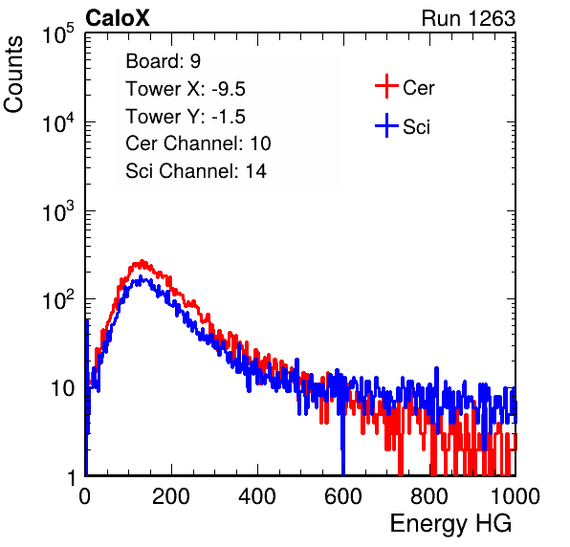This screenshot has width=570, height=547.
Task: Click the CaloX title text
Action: coord(117,17)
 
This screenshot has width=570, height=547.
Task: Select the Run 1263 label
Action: coord(469,18)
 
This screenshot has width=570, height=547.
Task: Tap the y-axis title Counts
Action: coord(13,75)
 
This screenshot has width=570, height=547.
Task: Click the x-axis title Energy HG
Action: coord(450,523)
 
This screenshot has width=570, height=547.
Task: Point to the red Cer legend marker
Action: coord(386,86)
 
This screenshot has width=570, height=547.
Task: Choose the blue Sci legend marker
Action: coord(386,125)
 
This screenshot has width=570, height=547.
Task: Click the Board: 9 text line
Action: coord(163,61)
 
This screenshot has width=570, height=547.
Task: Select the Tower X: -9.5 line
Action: coord(186,89)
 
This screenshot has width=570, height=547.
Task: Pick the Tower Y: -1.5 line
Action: coord(186,117)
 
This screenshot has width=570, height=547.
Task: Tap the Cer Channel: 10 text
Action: coord(198,143)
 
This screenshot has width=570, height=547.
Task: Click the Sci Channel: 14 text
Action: coord(196,171)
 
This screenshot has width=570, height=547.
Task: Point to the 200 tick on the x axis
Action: coord(171,496)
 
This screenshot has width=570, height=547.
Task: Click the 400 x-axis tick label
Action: coord(257,496)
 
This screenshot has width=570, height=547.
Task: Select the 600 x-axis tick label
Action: coord(343,496)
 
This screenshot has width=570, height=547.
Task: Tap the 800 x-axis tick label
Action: coord(429,496)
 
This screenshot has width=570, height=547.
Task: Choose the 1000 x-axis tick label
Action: coord(515,496)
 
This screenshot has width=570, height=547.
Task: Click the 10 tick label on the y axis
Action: coord(62,389)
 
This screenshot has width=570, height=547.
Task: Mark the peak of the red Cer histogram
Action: coord(142,261)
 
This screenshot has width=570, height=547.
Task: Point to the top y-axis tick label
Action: coord(58,34)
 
